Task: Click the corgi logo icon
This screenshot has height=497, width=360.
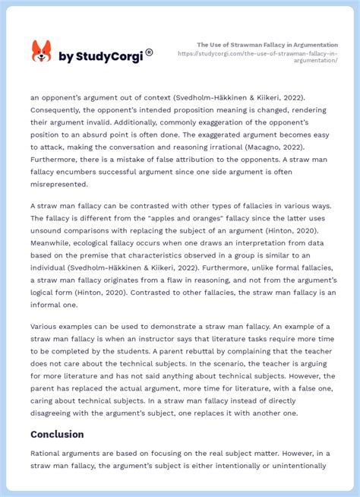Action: click(x=41, y=52)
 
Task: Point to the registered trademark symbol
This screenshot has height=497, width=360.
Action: click(x=149, y=52)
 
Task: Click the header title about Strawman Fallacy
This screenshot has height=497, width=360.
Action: click(x=267, y=45)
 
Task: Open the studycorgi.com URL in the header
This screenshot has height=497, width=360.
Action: click(x=257, y=58)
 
